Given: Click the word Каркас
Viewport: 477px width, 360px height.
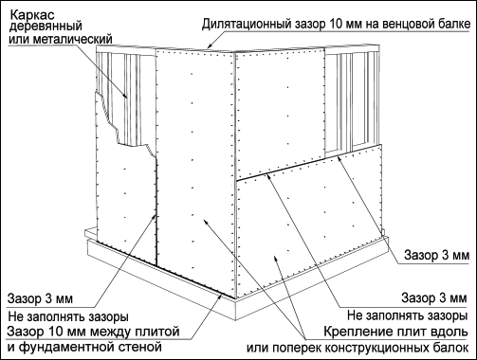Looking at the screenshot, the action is click(28, 15).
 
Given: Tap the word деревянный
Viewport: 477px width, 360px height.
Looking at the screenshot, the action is click(46, 27).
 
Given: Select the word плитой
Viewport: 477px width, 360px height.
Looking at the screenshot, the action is click(158, 332).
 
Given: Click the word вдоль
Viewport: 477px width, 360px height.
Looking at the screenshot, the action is click(449, 332).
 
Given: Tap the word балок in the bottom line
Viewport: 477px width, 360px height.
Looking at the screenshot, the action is click(451, 348).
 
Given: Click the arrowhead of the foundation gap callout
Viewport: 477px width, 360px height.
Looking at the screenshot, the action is click(221, 295).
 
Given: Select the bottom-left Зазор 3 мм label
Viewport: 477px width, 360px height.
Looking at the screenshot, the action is click(40, 298).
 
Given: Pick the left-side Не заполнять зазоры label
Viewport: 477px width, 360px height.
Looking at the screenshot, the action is click(68, 316).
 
